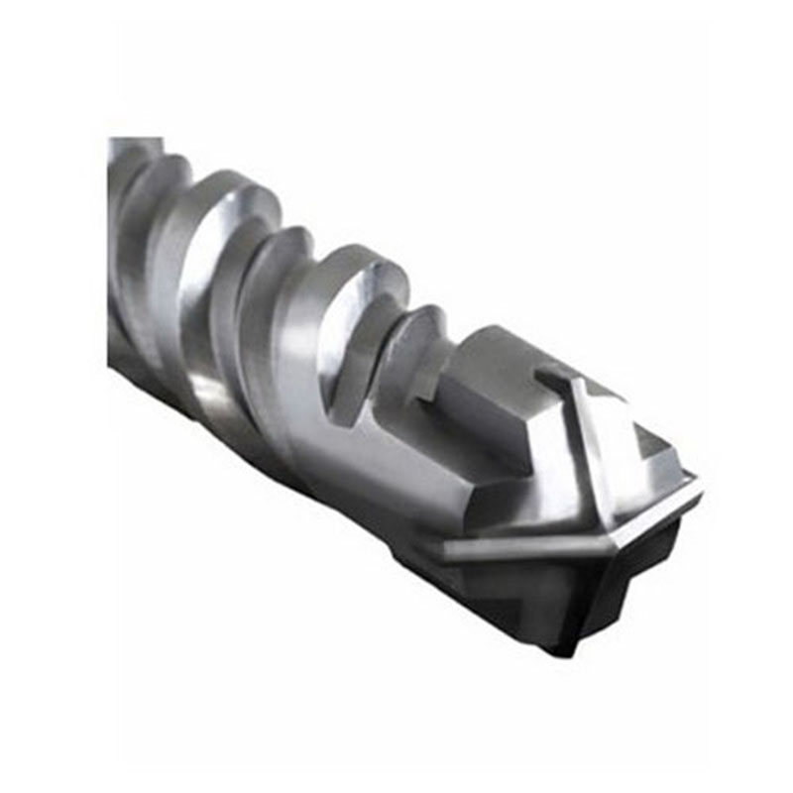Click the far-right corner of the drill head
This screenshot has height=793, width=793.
pos(700,486)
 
